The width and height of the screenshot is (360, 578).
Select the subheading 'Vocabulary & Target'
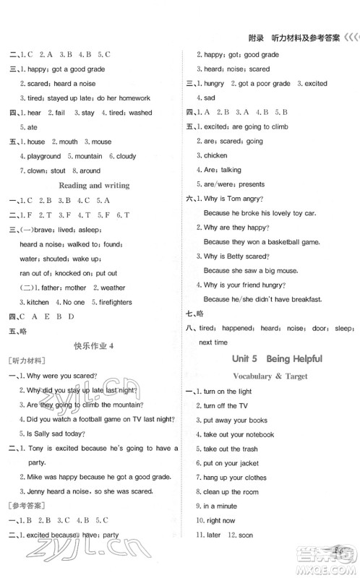click(x=270, y=376)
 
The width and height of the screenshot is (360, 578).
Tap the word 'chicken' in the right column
click(x=215, y=155)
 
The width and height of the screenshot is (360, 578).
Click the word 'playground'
click(x=44, y=156)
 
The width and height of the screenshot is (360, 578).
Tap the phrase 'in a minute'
click(x=221, y=506)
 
